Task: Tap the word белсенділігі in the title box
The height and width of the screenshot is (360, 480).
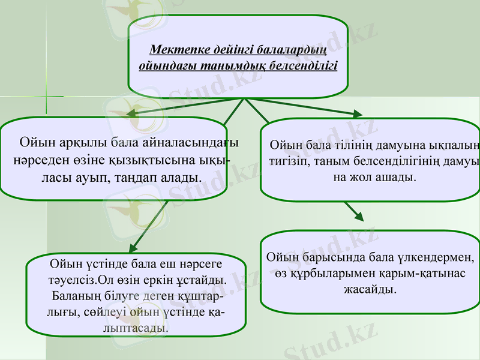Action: (303, 64)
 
